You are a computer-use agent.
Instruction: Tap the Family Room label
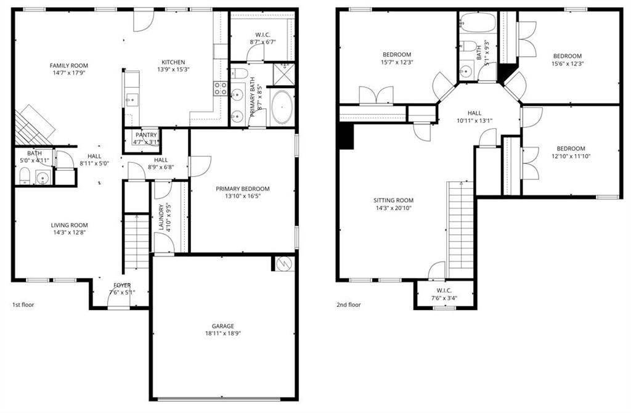(x=69, y=65)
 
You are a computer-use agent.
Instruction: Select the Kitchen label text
(x=173, y=62)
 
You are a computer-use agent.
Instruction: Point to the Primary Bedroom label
(x=243, y=189)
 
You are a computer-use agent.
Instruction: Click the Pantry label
(x=146, y=135)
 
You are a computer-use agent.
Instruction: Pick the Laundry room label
(x=161, y=217)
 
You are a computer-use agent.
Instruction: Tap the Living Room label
(x=69, y=225)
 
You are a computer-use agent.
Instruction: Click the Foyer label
(x=122, y=285)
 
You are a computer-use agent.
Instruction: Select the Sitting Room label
(x=393, y=200)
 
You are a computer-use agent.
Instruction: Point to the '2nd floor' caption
(x=349, y=305)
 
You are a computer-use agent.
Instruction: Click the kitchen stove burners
(x=220, y=88)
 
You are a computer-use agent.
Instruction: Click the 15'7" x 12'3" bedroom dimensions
(x=396, y=63)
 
